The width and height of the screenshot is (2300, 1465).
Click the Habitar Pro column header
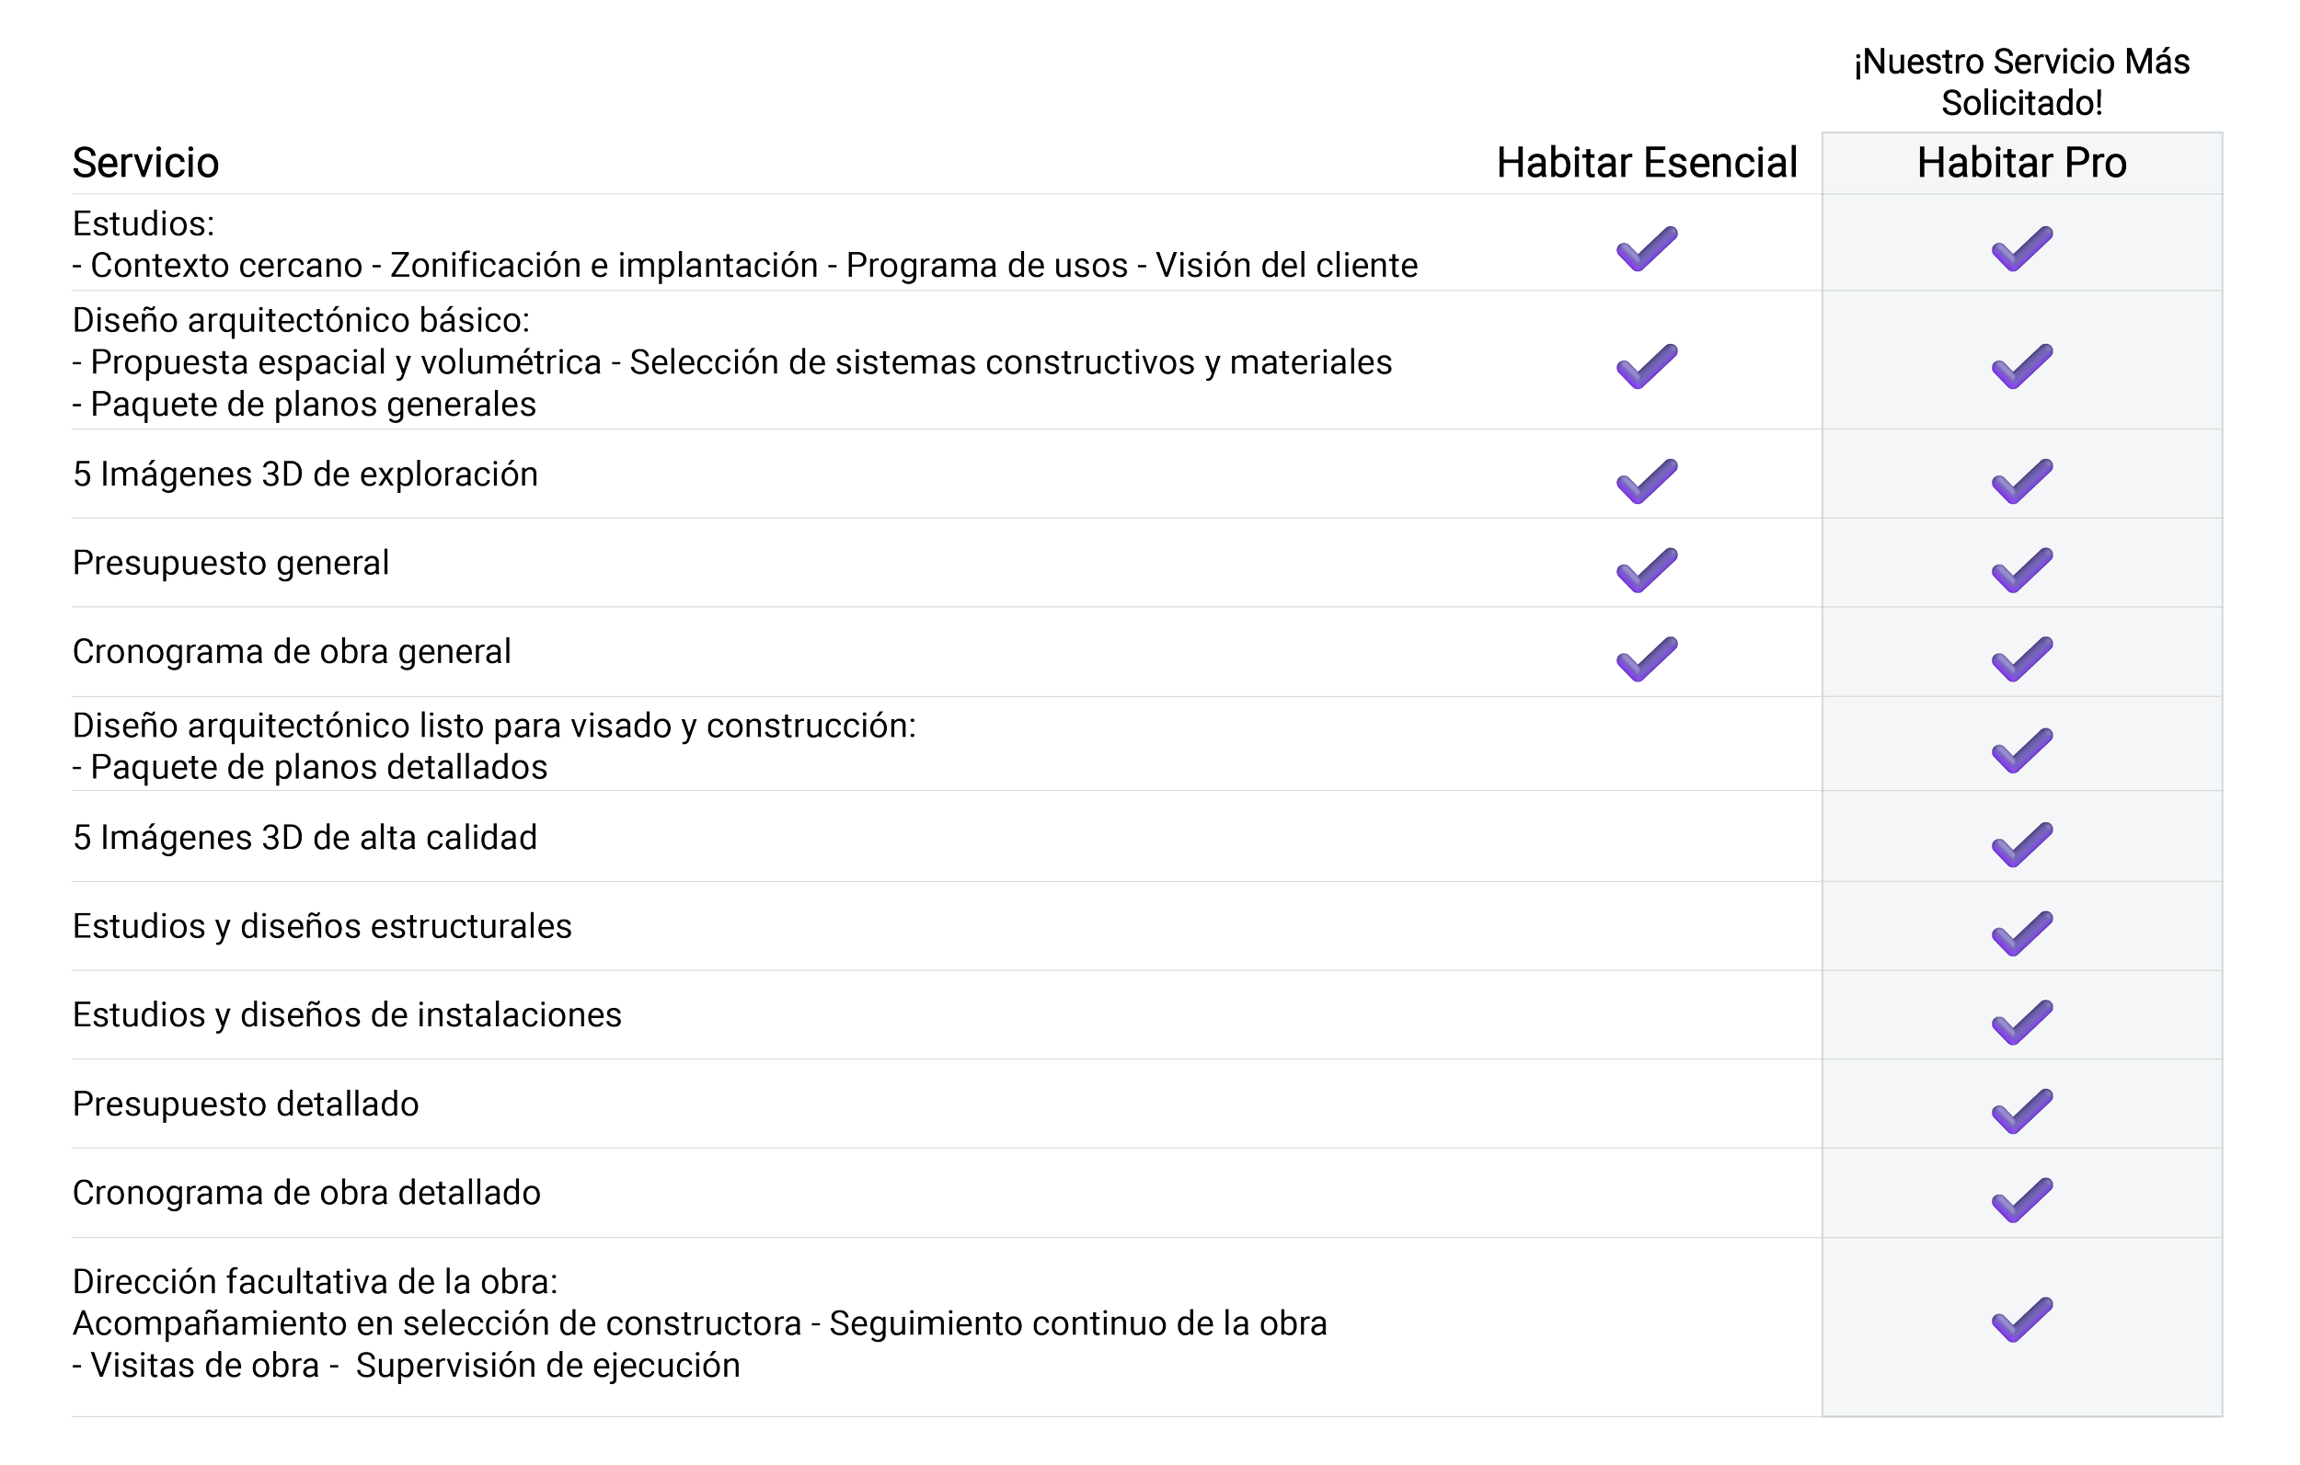(2021, 163)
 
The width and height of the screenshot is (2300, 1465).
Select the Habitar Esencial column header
(1647, 163)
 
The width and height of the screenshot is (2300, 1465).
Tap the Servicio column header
(146, 163)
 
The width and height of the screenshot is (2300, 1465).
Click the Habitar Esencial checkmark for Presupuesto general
(1647, 569)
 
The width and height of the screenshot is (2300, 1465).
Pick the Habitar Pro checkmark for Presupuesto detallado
(2021, 1110)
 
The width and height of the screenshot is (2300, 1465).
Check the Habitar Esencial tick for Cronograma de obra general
(1647, 658)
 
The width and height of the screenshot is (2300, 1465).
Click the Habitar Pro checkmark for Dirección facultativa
(2021, 1319)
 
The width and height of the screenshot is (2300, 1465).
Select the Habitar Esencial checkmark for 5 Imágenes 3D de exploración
(1647, 480)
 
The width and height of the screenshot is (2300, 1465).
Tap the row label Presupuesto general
(231, 563)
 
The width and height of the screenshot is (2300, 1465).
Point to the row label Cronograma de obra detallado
(306, 1193)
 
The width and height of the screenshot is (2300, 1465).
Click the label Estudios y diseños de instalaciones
(347, 1014)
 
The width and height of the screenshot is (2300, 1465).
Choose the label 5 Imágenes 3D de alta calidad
(305, 838)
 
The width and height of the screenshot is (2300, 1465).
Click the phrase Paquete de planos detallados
(319, 768)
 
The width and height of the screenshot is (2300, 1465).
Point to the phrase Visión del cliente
(1286, 265)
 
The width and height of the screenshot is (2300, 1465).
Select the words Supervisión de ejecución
(548, 1366)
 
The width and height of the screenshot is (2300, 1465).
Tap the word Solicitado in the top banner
(2021, 102)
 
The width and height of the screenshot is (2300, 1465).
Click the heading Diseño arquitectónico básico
(300, 320)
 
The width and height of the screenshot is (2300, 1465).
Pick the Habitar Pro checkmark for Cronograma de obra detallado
(2021, 1199)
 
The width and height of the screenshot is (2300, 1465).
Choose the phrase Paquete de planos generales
(314, 405)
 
